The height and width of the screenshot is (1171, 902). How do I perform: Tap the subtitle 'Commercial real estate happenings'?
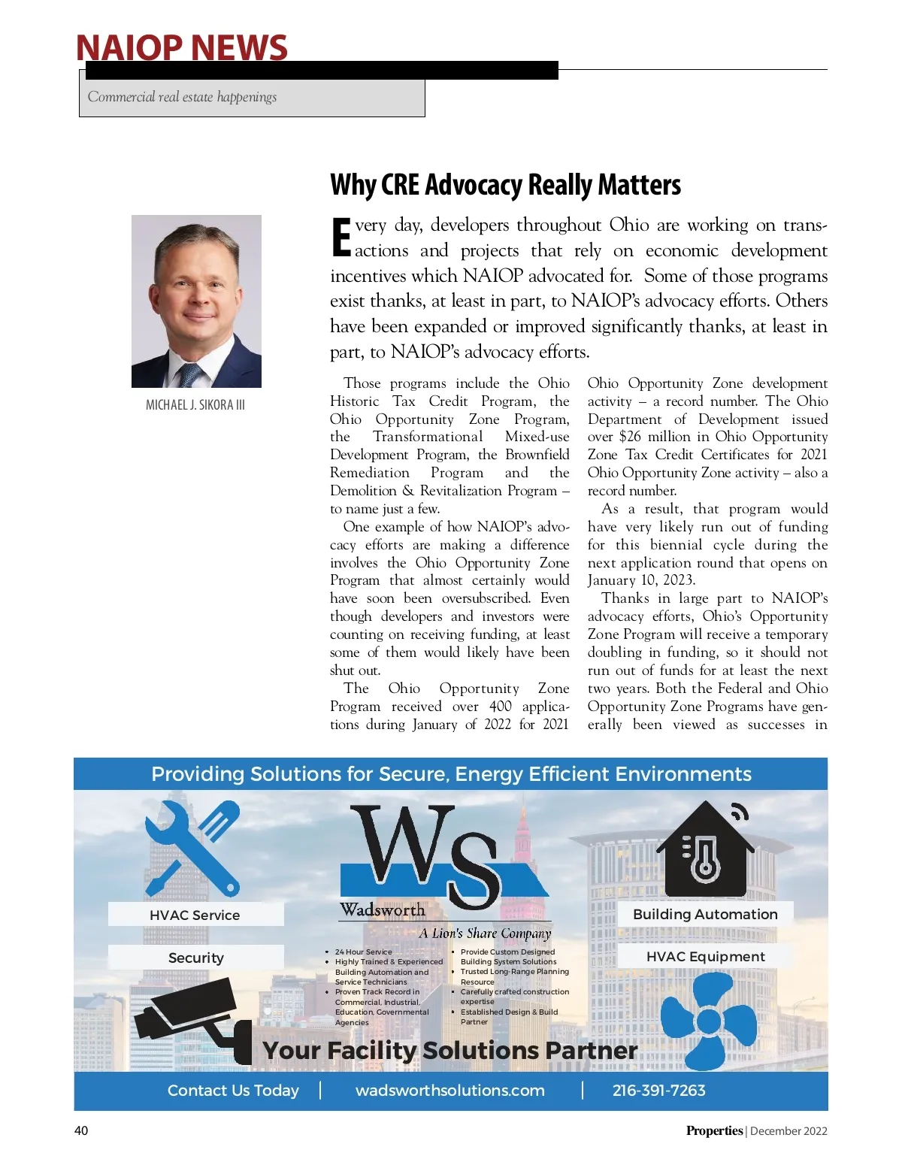[182, 97]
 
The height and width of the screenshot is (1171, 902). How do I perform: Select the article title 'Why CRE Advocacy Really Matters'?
[505, 185]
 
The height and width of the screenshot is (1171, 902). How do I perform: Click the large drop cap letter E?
[341, 237]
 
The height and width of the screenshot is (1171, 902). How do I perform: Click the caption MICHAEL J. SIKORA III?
[195, 405]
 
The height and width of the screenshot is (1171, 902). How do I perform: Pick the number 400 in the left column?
[500, 707]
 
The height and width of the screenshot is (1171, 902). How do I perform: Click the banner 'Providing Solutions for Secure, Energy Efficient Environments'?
[451, 774]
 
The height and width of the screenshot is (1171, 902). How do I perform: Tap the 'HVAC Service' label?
[195, 915]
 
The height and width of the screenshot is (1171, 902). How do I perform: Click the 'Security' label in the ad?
[195, 958]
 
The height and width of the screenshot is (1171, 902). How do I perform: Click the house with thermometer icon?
[704, 849]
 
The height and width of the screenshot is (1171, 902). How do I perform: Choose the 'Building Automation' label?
[705, 914]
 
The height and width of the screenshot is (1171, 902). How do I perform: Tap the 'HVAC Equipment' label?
[705, 957]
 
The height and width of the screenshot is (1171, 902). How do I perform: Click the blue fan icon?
[707, 1021]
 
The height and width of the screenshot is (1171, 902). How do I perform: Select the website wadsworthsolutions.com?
[449, 1091]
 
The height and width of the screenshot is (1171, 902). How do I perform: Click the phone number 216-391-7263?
[658, 1091]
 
